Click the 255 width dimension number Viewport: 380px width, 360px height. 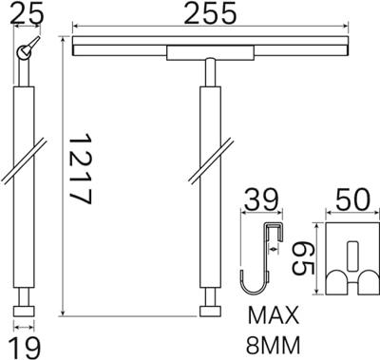(210, 13)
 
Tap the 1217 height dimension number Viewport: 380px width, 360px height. (80, 169)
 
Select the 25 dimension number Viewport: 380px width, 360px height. (27, 13)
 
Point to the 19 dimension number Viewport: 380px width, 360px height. (24, 348)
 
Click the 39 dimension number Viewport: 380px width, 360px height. (262, 199)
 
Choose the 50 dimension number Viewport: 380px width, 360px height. (352, 199)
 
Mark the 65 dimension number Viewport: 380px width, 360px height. (302, 257)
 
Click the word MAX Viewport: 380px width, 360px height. (274, 314)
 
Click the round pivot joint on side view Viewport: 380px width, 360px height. (24, 52)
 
